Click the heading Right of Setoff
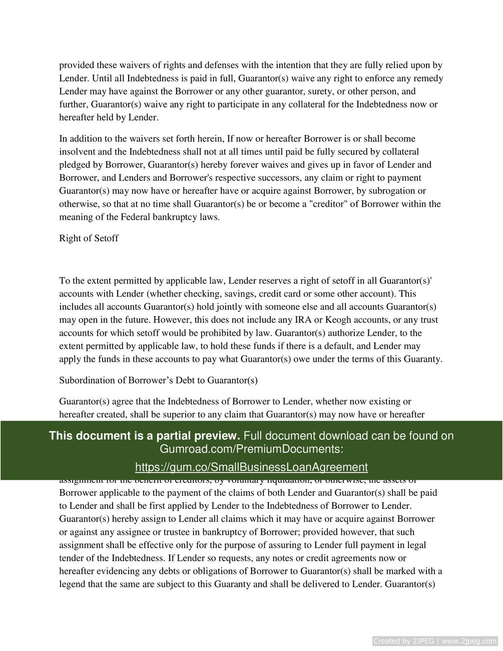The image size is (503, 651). click(x=89, y=238)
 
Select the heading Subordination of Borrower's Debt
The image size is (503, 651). click(x=158, y=380)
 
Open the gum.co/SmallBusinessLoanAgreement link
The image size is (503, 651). click(x=251, y=467)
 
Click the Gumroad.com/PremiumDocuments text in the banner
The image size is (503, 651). click(x=251, y=449)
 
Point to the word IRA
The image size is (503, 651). click(x=329, y=320)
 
